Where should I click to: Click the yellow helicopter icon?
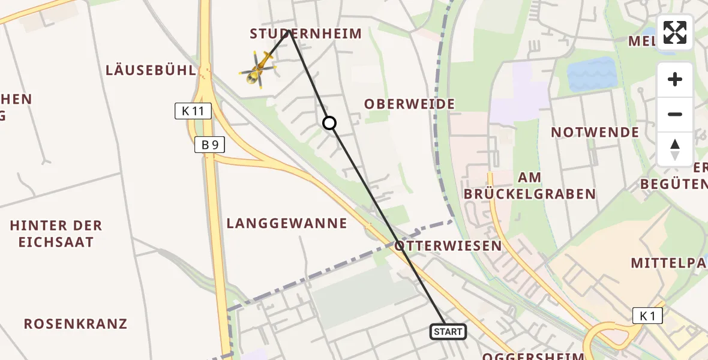pyautogui.click(x=258, y=69)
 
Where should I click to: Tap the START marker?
pyautogui.click(x=448, y=332)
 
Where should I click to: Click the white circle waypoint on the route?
pyautogui.click(x=329, y=123)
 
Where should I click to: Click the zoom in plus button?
pyautogui.click(x=675, y=79)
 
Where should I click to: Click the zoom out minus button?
pyautogui.click(x=675, y=114)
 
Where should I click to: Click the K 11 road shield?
pyautogui.click(x=193, y=110)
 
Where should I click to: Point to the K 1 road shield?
pyautogui.click(x=647, y=316)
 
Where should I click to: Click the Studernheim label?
pyautogui.click(x=306, y=34)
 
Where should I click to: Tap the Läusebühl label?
pyautogui.click(x=151, y=70)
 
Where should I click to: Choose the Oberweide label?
pyautogui.click(x=410, y=104)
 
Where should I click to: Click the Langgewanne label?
pyautogui.click(x=287, y=224)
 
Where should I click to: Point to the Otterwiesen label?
pyautogui.click(x=448, y=246)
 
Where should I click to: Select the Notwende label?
pyautogui.click(x=595, y=132)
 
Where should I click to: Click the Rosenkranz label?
pyautogui.click(x=76, y=324)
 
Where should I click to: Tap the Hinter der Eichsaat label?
pyautogui.click(x=56, y=234)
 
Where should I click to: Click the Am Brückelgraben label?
pyautogui.click(x=530, y=186)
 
